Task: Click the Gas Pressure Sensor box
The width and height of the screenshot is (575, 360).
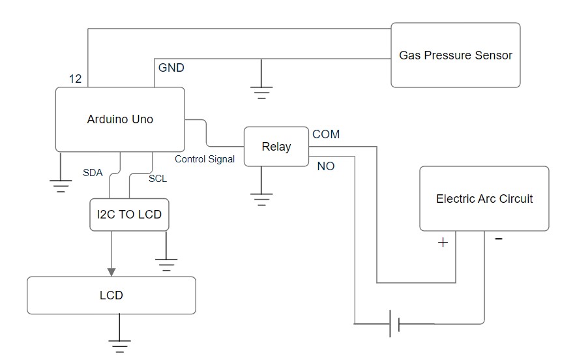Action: coord(456,55)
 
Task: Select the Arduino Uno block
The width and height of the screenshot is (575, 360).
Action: coord(120,119)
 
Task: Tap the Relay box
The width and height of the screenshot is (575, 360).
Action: coord(276,147)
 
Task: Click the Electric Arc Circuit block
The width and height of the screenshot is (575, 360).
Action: coord(484,198)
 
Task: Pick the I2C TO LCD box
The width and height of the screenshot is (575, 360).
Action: coord(129,215)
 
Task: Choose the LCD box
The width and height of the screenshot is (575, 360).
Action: coord(111,295)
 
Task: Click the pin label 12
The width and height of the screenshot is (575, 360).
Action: coord(75,78)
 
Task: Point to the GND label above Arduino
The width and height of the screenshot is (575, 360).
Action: coord(171,68)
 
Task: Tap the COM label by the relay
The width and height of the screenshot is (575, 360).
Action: coord(326,134)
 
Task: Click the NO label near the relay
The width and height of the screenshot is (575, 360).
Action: coord(326,166)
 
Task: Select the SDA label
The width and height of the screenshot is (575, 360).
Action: coord(93,173)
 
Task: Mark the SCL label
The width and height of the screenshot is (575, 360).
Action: coord(158,179)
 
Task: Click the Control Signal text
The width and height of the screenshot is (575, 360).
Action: coord(205,159)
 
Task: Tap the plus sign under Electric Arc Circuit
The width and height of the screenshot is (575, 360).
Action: coord(443,243)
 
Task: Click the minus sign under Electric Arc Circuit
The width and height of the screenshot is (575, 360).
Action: coord(498,239)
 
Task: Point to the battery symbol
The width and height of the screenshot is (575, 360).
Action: coord(394,323)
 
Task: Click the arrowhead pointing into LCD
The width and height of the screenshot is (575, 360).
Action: coord(111,272)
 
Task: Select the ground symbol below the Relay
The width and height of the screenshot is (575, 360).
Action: coord(261,200)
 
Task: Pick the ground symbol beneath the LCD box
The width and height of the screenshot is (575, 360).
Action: coord(119,346)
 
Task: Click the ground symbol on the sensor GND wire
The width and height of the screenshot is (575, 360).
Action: coord(261,93)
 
